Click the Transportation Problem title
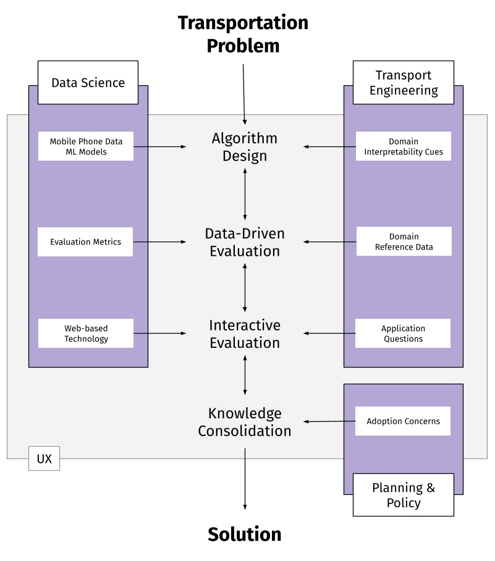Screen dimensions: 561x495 pyautogui.click(x=243, y=34)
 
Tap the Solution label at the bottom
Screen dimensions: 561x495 pyautogui.click(x=245, y=534)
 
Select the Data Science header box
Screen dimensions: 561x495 pyautogui.click(x=88, y=82)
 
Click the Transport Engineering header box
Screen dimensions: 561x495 pyautogui.click(x=403, y=82)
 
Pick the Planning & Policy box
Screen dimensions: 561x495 pyautogui.click(x=403, y=495)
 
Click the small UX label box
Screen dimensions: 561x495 pyautogui.click(x=44, y=459)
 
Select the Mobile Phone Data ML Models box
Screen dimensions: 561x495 pyautogui.click(x=86, y=146)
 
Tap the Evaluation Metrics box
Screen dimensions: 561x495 pyautogui.click(x=86, y=242)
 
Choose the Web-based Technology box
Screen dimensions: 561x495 pyautogui.click(x=86, y=334)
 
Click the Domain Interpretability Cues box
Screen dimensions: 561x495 pyautogui.click(x=403, y=146)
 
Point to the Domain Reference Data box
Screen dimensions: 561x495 pyautogui.click(x=403, y=242)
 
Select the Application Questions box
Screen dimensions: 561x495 pyautogui.click(x=403, y=334)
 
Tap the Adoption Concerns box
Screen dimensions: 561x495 pyautogui.click(x=403, y=421)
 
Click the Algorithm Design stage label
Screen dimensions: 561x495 pyautogui.click(x=245, y=147)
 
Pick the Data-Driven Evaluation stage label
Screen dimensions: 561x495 pyautogui.click(x=245, y=242)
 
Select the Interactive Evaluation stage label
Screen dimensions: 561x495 pyautogui.click(x=245, y=334)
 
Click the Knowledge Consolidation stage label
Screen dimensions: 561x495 pyautogui.click(x=245, y=422)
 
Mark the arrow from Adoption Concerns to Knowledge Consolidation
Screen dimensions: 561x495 pyautogui.click(x=329, y=421)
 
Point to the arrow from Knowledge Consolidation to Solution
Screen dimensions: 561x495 pyautogui.click(x=245, y=479)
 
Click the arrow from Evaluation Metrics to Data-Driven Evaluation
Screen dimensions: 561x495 pyautogui.click(x=159, y=242)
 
